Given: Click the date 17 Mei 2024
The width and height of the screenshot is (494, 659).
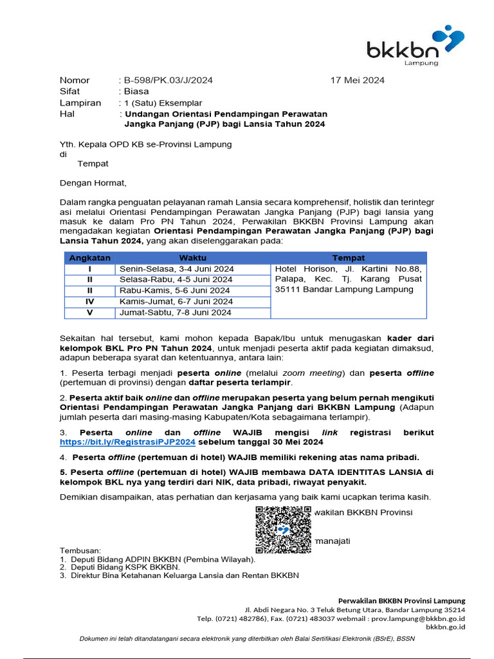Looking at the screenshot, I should tap(357, 80).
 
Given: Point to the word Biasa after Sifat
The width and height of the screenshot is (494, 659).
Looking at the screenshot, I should tap(136, 91).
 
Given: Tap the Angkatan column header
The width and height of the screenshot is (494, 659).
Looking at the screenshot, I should tap(90, 257).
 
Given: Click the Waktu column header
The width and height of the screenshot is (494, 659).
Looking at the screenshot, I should tap(192, 257).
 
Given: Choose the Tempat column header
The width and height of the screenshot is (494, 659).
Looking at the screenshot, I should tap(348, 257).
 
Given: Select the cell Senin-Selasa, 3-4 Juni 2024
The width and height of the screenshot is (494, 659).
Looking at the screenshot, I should tap(177, 269).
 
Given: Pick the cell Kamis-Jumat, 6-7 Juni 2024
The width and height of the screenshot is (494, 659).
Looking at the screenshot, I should tap(176, 301).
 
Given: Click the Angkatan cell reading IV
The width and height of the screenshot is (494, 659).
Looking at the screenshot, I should tap(90, 301).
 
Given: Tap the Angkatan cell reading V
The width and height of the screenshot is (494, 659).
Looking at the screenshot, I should tap(90, 313).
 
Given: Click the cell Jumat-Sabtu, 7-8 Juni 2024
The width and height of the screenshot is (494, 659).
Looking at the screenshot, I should tap(176, 313).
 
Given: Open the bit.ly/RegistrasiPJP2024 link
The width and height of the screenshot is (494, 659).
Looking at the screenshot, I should tap(127, 443).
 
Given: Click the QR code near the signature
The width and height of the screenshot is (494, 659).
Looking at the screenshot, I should tap(283, 530).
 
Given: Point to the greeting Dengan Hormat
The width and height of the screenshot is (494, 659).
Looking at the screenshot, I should tap(93, 183).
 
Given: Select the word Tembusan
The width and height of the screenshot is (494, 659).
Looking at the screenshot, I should tap(80, 551).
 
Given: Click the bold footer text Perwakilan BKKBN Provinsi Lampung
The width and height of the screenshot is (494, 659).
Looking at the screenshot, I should tap(402, 600).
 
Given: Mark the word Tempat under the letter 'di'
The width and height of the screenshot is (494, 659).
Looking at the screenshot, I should tap(93, 164).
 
